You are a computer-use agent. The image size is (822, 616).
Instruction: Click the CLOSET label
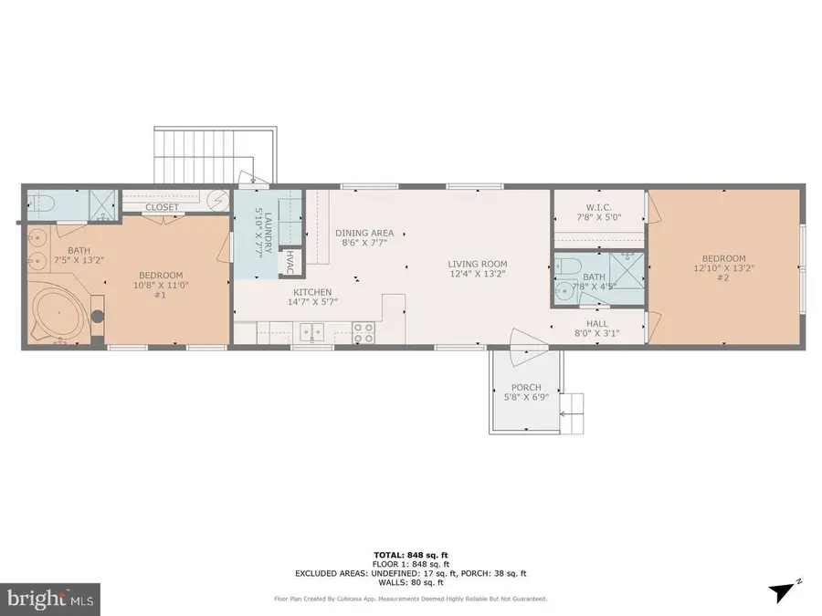[162, 207]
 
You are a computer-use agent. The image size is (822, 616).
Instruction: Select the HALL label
[597, 322]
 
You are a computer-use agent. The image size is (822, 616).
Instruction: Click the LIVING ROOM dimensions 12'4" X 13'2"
[477, 273]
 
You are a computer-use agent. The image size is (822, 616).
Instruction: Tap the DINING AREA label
[364, 233]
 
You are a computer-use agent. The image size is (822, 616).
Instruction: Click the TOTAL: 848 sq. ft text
[410, 555]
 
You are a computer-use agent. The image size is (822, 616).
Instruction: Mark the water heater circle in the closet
[219, 198]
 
